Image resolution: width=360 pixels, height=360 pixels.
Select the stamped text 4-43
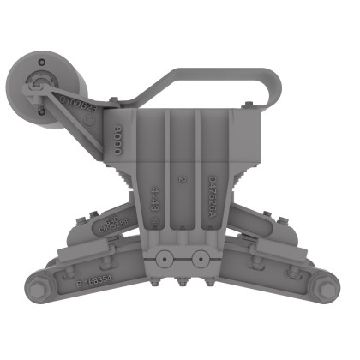(x=155, y=197)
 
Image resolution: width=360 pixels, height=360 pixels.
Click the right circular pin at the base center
(x=200, y=255)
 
